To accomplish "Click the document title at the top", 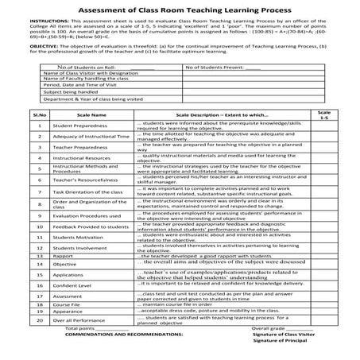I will pyautogui.click(x=180, y=10).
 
